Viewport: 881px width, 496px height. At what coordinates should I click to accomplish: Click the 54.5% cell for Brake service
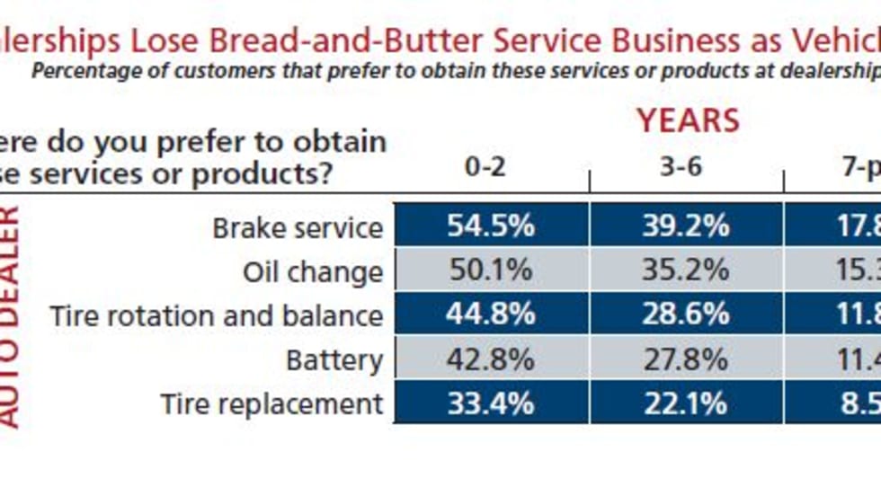(x=491, y=226)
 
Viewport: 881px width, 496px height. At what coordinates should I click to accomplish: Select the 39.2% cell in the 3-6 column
(x=686, y=226)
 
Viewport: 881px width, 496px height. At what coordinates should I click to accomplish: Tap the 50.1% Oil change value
(x=491, y=270)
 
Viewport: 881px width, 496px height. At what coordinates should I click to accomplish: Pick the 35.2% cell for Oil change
(x=686, y=270)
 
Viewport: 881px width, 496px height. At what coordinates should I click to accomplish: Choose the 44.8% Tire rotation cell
(x=491, y=314)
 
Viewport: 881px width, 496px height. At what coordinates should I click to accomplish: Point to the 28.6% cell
(x=686, y=314)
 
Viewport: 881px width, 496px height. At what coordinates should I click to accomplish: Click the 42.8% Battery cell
(x=491, y=359)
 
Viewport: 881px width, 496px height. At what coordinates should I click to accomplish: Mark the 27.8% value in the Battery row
(x=686, y=359)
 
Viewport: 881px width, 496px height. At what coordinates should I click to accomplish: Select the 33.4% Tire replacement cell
(x=491, y=403)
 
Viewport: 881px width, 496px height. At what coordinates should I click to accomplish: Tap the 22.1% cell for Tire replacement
(x=686, y=403)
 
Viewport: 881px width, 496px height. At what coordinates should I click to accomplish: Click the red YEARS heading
(x=688, y=120)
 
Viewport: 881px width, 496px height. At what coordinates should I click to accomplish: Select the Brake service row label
(x=298, y=228)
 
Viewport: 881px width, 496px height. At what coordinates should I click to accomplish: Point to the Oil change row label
(x=313, y=272)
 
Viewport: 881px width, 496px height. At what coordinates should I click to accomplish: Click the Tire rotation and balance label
(x=216, y=316)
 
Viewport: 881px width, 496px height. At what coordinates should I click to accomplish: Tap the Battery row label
(x=334, y=360)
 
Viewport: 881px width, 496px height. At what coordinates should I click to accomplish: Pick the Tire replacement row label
(x=271, y=405)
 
